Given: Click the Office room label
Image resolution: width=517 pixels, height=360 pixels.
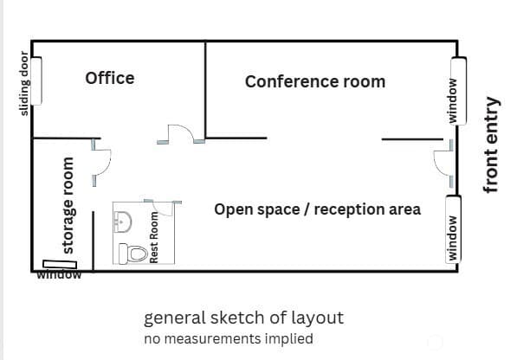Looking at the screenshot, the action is point(110,79).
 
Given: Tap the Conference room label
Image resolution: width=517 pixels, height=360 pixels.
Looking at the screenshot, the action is point(315,81).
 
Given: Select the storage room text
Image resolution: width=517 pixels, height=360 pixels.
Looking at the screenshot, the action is point(68,205).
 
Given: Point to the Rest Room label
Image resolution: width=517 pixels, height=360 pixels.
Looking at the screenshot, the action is point(154,237).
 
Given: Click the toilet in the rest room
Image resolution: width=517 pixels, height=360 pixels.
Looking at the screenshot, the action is point(132,254).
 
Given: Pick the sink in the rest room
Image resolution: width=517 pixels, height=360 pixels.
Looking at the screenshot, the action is point(123,222).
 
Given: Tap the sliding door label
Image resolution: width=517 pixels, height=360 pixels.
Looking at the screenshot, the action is point(24,83).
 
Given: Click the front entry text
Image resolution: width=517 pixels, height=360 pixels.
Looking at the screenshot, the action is point(491,145).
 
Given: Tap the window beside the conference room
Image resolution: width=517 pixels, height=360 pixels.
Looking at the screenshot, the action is point(459,91).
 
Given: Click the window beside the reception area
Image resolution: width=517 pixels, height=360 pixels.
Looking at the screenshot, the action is point(454,229).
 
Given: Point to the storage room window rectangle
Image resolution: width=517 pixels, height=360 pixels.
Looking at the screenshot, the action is point(60,264).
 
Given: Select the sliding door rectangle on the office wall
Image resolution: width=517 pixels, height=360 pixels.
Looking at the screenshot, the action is point(36,81).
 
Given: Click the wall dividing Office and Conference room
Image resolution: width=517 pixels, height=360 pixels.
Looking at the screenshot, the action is point(205,90).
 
